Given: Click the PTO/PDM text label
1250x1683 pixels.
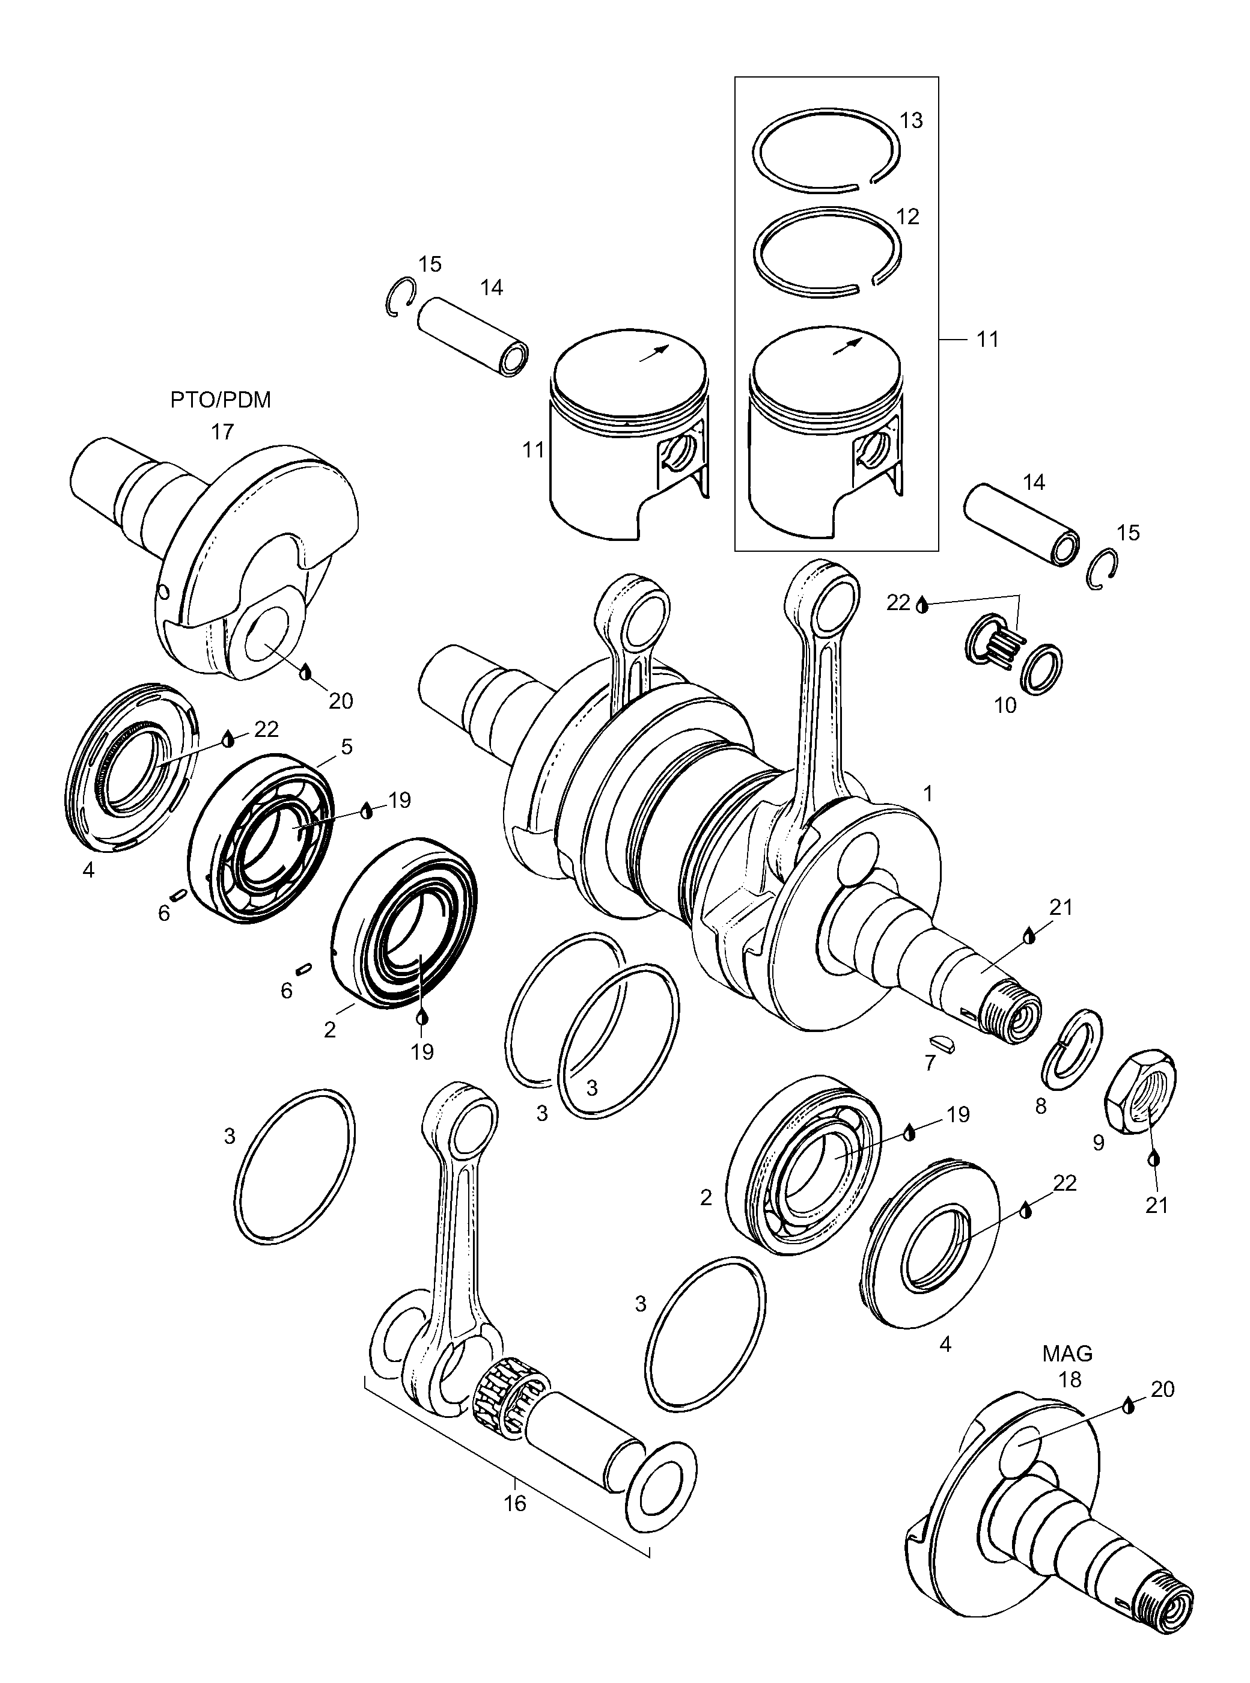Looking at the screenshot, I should pyautogui.click(x=220, y=400).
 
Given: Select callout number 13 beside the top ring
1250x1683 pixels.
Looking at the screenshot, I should pyautogui.click(x=912, y=121).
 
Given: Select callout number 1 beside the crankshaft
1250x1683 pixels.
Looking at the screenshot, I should pyautogui.click(x=928, y=794).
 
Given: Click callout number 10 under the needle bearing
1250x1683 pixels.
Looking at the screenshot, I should pyautogui.click(x=1005, y=705).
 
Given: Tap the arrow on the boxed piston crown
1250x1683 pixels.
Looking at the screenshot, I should pyautogui.click(x=847, y=345).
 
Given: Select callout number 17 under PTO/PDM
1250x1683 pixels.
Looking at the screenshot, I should pyautogui.click(x=222, y=432).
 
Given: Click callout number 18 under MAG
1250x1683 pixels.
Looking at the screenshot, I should pyautogui.click(x=1069, y=1379).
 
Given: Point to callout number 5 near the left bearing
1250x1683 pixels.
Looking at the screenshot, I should pyautogui.click(x=347, y=748).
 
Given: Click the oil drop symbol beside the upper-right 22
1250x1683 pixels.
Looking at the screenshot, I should pyautogui.click(x=922, y=605).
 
